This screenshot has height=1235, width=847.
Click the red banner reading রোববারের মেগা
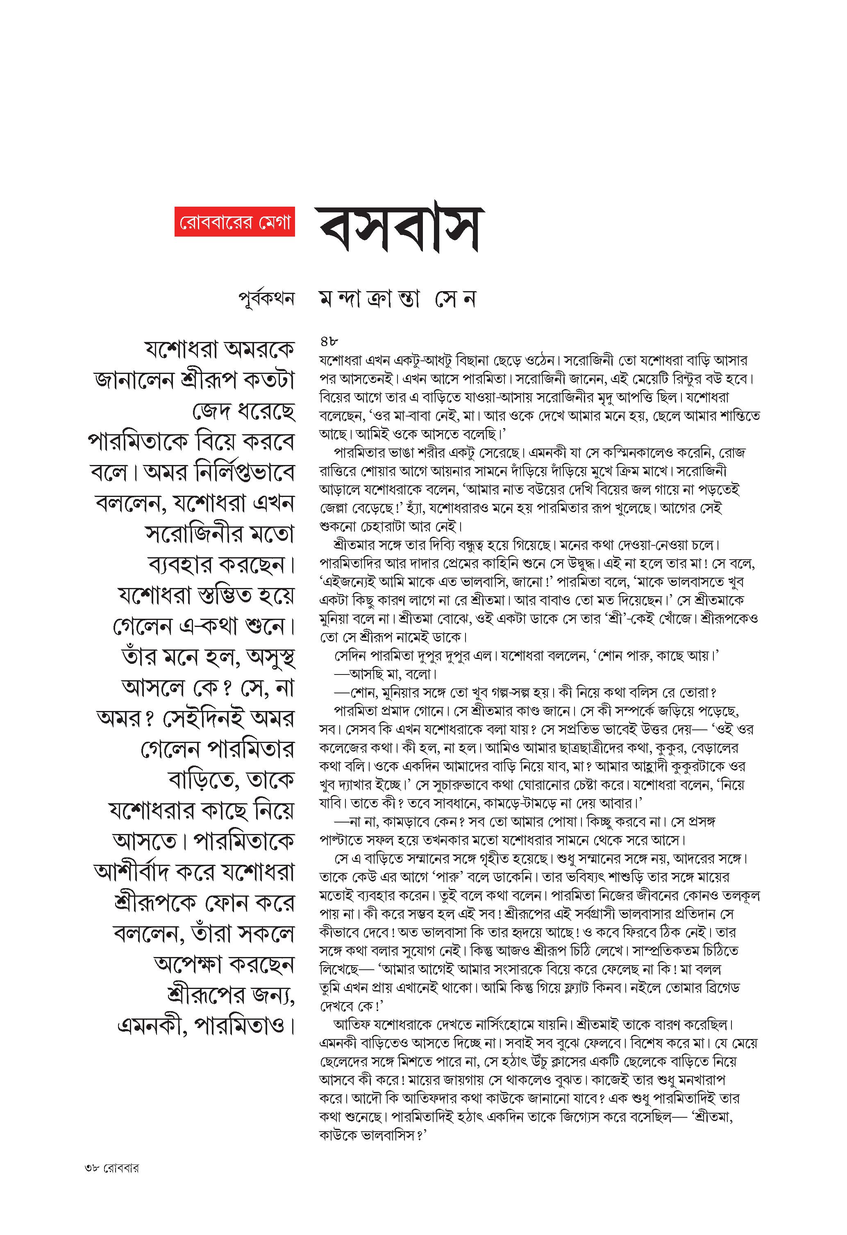(x=234, y=221)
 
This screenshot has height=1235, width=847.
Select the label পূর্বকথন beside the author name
(x=266, y=298)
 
